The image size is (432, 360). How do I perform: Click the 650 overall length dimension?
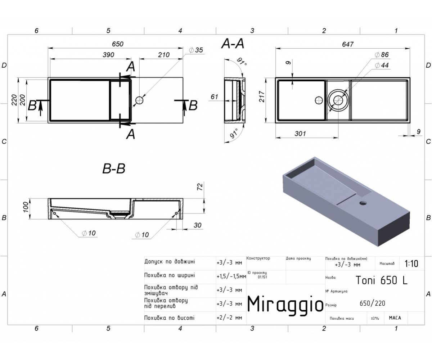pyautogui.click(x=117, y=44)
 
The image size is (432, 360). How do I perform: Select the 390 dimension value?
pyautogui.click(x=108, y=55)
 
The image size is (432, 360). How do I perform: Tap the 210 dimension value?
pyautogui.click(x=164, y=55)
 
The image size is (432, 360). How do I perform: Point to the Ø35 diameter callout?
pyautogui.click(x=196, y=50)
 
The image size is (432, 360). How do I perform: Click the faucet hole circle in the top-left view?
pyautogui.click(x=139, y=100)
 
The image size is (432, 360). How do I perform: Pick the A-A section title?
pyautogui.click(x=233, y=44)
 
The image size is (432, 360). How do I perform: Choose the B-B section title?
pyautogui.click(x=114, y=168)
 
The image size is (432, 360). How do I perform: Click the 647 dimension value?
pyautogui.click(x=348, y=44)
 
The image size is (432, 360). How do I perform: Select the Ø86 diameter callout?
pyautogui.click(x=382, y=55)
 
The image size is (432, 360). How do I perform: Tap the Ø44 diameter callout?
pyautogui.click(x=382, y=66)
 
